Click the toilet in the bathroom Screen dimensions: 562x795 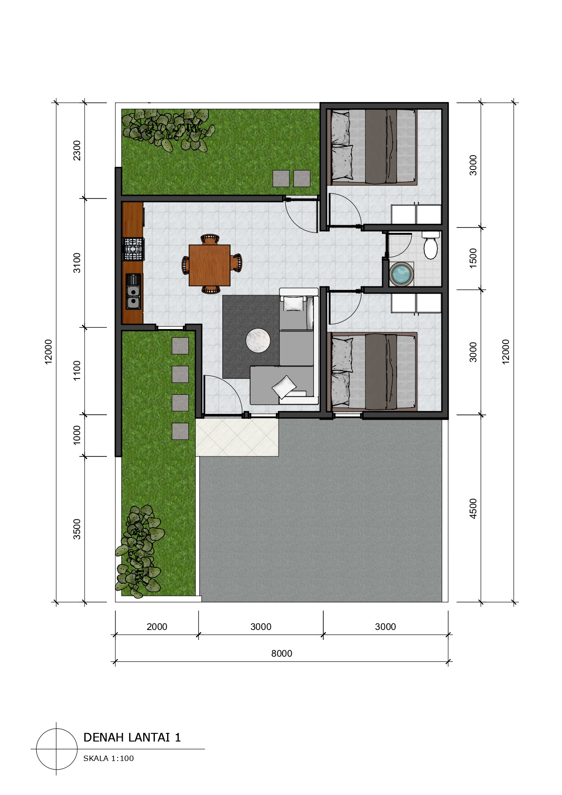click(430, 245)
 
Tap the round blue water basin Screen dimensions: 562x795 click(401, 274)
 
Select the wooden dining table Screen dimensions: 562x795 click(209, 265)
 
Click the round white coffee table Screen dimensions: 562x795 click(258, 340)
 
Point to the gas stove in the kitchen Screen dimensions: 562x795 click(133, 249)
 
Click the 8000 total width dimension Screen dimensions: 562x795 click(282, 653)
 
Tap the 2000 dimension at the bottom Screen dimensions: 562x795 click(157, 626)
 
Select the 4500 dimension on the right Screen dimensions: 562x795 click(473, 509)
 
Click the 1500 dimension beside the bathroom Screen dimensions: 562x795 click(473, 258)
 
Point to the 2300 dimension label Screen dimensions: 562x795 click(77, 150)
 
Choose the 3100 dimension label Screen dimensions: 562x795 click(77, 263)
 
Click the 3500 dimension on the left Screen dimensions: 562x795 click(77, 529)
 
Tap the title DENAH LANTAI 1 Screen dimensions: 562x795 click(132, 737)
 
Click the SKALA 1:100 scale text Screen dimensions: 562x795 click(109, 758)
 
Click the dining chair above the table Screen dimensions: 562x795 click(210, 239)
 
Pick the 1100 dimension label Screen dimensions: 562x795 click(77, 370)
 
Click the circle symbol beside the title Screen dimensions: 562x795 click(57, 749)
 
